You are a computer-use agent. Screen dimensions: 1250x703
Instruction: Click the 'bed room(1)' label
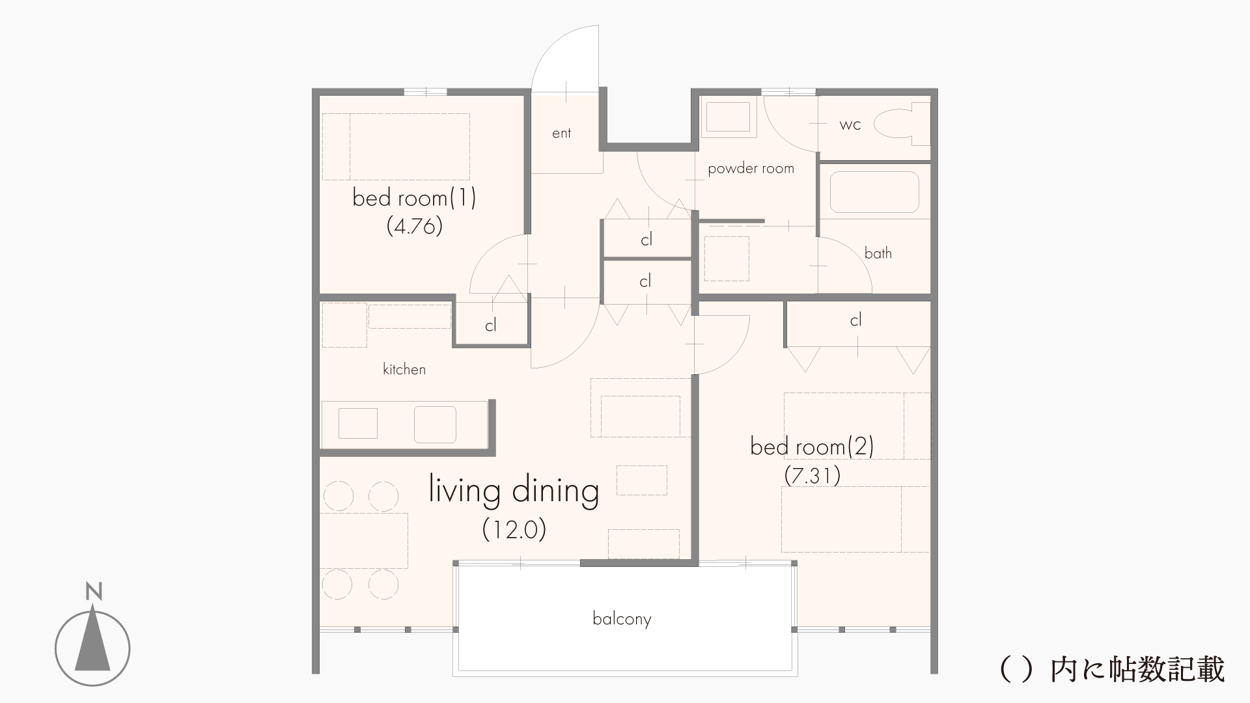414,197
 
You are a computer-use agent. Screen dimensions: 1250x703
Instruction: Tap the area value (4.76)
414,226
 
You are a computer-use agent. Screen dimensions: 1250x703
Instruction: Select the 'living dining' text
514,491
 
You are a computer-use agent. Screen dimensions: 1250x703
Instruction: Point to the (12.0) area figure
514,529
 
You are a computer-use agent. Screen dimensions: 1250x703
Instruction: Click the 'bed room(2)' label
812,447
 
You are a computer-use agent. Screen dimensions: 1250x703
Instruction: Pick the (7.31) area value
812,476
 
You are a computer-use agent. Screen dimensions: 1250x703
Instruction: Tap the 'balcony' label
622,618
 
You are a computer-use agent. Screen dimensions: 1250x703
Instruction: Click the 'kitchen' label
404,369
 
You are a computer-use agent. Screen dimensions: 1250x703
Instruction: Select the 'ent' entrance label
561,133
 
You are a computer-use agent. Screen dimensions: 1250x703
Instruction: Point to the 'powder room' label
751,169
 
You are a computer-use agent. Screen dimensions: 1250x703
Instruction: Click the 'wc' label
850,125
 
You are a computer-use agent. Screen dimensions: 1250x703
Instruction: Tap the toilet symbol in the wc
902,124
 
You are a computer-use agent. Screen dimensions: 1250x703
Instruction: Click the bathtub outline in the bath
874,192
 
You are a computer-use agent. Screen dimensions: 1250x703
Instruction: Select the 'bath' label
878,253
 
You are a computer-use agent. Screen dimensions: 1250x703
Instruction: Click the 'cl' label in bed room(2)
855,320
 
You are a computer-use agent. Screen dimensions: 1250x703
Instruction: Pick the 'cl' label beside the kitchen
491,325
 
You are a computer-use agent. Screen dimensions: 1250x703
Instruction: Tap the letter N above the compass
94,592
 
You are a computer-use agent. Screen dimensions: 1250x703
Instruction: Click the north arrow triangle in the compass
92,639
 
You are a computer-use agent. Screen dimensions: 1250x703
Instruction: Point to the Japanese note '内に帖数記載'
1137,669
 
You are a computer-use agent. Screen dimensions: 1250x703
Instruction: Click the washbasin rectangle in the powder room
729,117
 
